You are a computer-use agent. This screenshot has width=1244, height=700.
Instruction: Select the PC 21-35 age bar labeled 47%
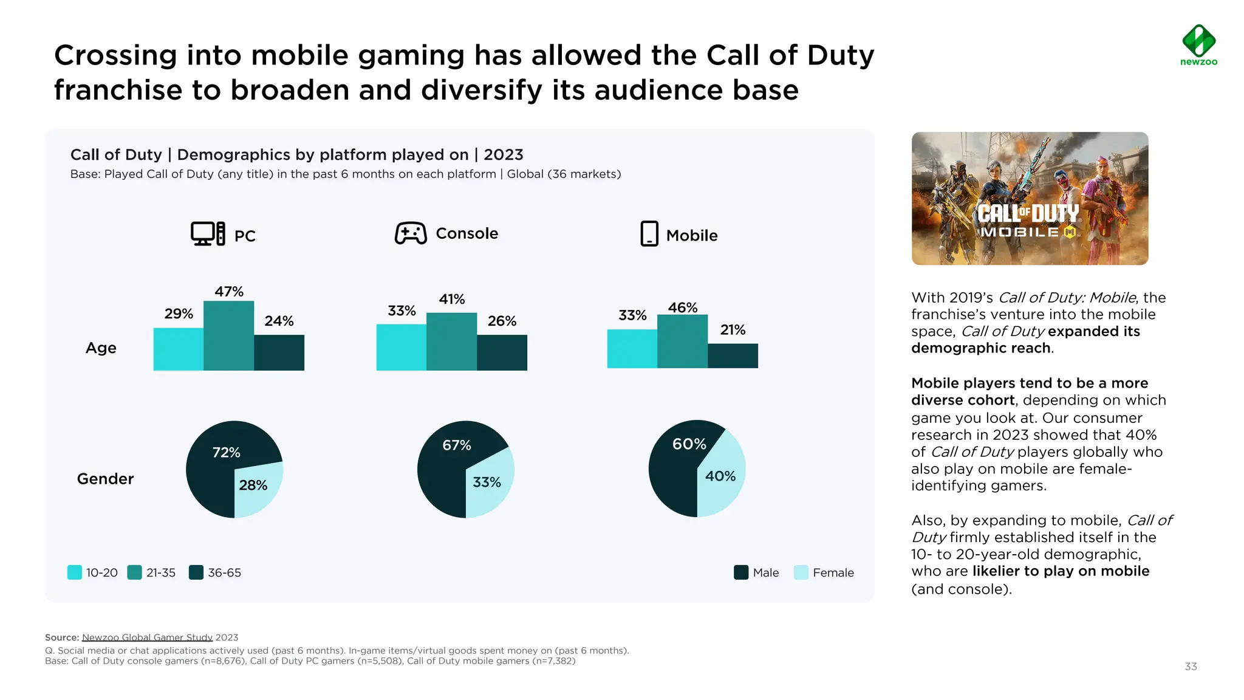point(228,335)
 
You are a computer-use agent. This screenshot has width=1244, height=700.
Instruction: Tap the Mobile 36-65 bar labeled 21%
point(733,355)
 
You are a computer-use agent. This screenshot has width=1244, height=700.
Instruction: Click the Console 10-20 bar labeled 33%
point(401,347)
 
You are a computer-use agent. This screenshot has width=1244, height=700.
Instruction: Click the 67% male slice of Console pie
point(446,468)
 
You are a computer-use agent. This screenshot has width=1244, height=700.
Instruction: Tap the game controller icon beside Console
point(411,233)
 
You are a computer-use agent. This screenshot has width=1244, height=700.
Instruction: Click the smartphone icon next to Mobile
point(649,234)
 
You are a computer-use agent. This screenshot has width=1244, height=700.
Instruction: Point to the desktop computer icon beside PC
point(208,234)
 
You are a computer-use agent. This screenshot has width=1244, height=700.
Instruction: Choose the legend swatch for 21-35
point(134,572)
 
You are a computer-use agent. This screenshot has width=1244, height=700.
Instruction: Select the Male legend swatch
point(741,572)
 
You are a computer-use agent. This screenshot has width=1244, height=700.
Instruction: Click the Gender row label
point(105,479)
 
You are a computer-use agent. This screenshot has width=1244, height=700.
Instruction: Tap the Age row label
point(101,348)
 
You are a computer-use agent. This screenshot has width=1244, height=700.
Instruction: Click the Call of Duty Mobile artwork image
point(1030,199)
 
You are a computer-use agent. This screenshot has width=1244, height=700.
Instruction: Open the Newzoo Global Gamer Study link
point(147,637)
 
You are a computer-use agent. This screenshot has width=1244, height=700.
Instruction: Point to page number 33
point(1191,667)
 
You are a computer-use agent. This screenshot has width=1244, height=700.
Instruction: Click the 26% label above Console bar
point(502,321)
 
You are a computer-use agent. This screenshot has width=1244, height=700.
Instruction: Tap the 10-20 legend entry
point(93,572)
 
